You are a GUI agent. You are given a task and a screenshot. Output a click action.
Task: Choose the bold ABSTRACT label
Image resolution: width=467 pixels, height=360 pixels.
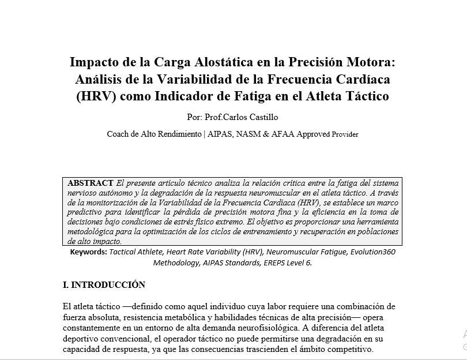coord(91,183)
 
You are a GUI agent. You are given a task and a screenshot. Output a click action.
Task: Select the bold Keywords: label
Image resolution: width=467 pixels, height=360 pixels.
coord(88,252)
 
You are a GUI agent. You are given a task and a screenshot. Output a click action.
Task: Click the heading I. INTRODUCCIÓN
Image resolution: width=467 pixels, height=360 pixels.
coord(104,285)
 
